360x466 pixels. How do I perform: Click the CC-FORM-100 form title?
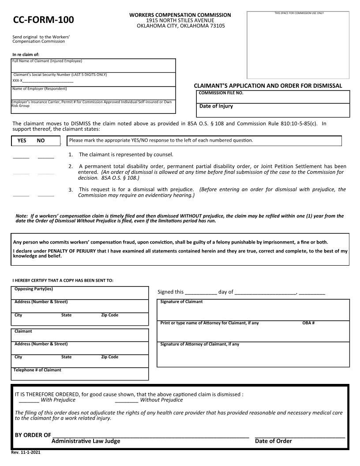click(x=43, y=20)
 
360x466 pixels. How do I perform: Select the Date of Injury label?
click(x=216, y=106)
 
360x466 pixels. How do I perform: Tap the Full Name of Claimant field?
click(x=93, y=67)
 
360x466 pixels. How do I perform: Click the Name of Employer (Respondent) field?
click(x=93, y=94)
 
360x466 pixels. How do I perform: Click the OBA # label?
click(x=308, y=323)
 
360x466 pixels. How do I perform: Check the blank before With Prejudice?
click(x=29, y=400)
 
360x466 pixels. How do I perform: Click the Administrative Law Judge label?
click(x=86, y=441)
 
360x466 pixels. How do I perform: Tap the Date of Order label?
click(x=273, y=441)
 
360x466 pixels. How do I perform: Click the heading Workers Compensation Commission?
click(x=180, y=15)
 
